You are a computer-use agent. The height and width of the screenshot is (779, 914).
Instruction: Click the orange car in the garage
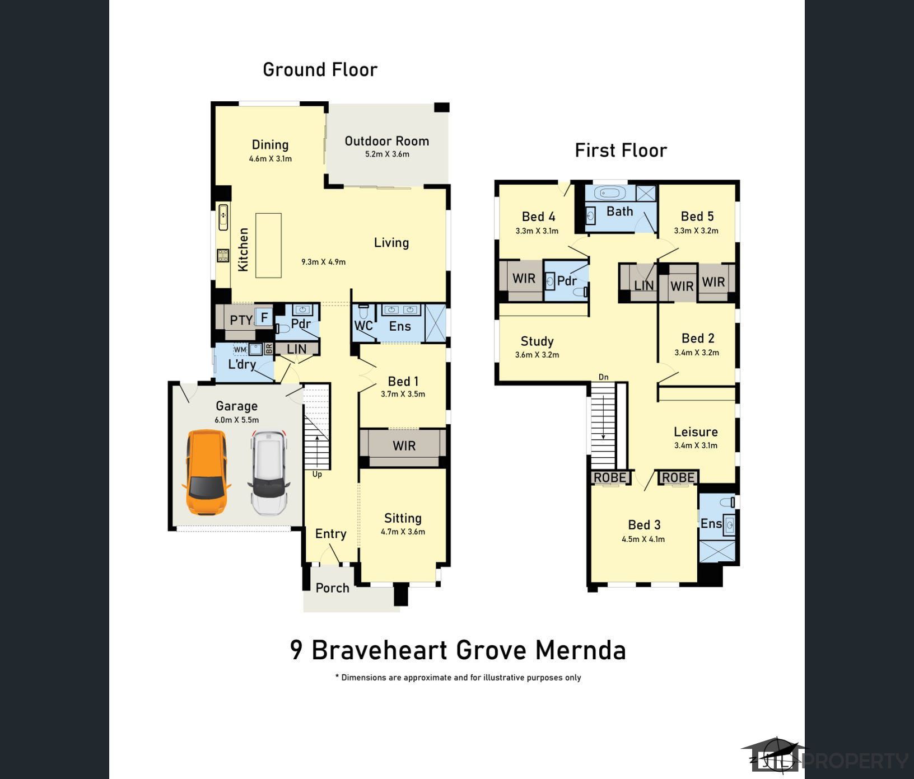point(206,472)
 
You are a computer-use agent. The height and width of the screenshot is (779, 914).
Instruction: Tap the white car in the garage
point(269,473)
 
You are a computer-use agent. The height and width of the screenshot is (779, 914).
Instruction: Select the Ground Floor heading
point(320,69)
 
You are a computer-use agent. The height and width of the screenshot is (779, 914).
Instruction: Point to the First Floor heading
point(621,150)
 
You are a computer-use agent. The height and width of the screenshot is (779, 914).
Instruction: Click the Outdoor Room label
point(387,141)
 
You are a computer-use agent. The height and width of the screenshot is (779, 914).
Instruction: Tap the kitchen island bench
point(268,245)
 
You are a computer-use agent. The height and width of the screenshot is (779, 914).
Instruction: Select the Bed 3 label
point(644,525)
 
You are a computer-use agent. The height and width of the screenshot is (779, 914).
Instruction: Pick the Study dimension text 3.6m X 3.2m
point(537,354)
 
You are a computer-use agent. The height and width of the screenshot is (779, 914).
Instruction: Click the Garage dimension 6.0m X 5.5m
point(236,420)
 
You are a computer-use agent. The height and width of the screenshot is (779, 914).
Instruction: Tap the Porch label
point(332,588)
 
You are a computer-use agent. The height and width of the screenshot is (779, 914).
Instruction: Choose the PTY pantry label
point(241,320)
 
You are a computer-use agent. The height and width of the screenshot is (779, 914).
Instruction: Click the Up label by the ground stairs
point(317,475)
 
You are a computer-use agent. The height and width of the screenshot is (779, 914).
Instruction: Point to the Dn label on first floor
point(603,377)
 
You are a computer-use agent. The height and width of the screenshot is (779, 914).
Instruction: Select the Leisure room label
point(696,431)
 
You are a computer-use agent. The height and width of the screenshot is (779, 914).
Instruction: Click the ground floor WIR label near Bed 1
point(404,445)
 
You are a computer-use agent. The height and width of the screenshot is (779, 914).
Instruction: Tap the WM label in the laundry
point(240,350)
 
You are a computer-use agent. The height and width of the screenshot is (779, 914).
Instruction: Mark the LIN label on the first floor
point(643,285)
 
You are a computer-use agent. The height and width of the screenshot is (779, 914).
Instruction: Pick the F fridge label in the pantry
point(264,318)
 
